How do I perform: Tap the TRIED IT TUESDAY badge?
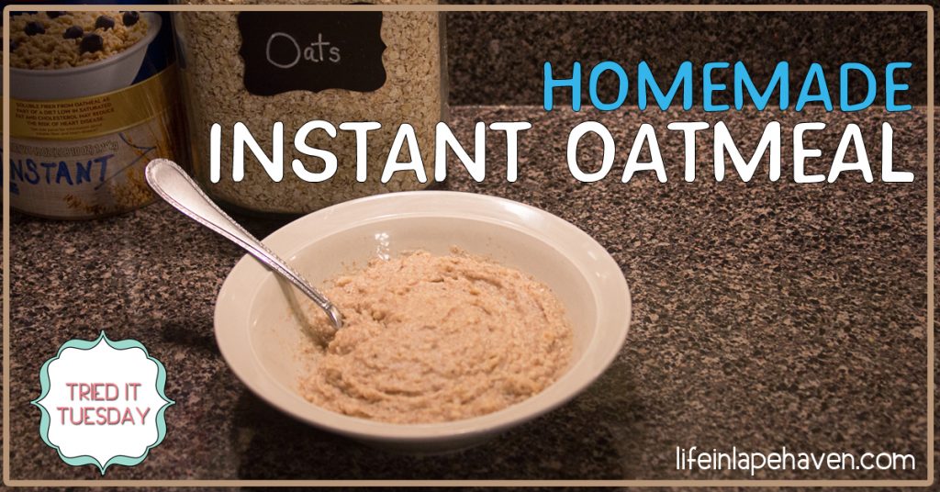[x=103, y=403]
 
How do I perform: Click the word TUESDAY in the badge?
[x=103, y=417]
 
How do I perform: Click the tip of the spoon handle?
[x=158, y=173]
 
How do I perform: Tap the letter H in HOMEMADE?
[x=562, y=87]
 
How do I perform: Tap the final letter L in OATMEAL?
[x=895, y=152]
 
